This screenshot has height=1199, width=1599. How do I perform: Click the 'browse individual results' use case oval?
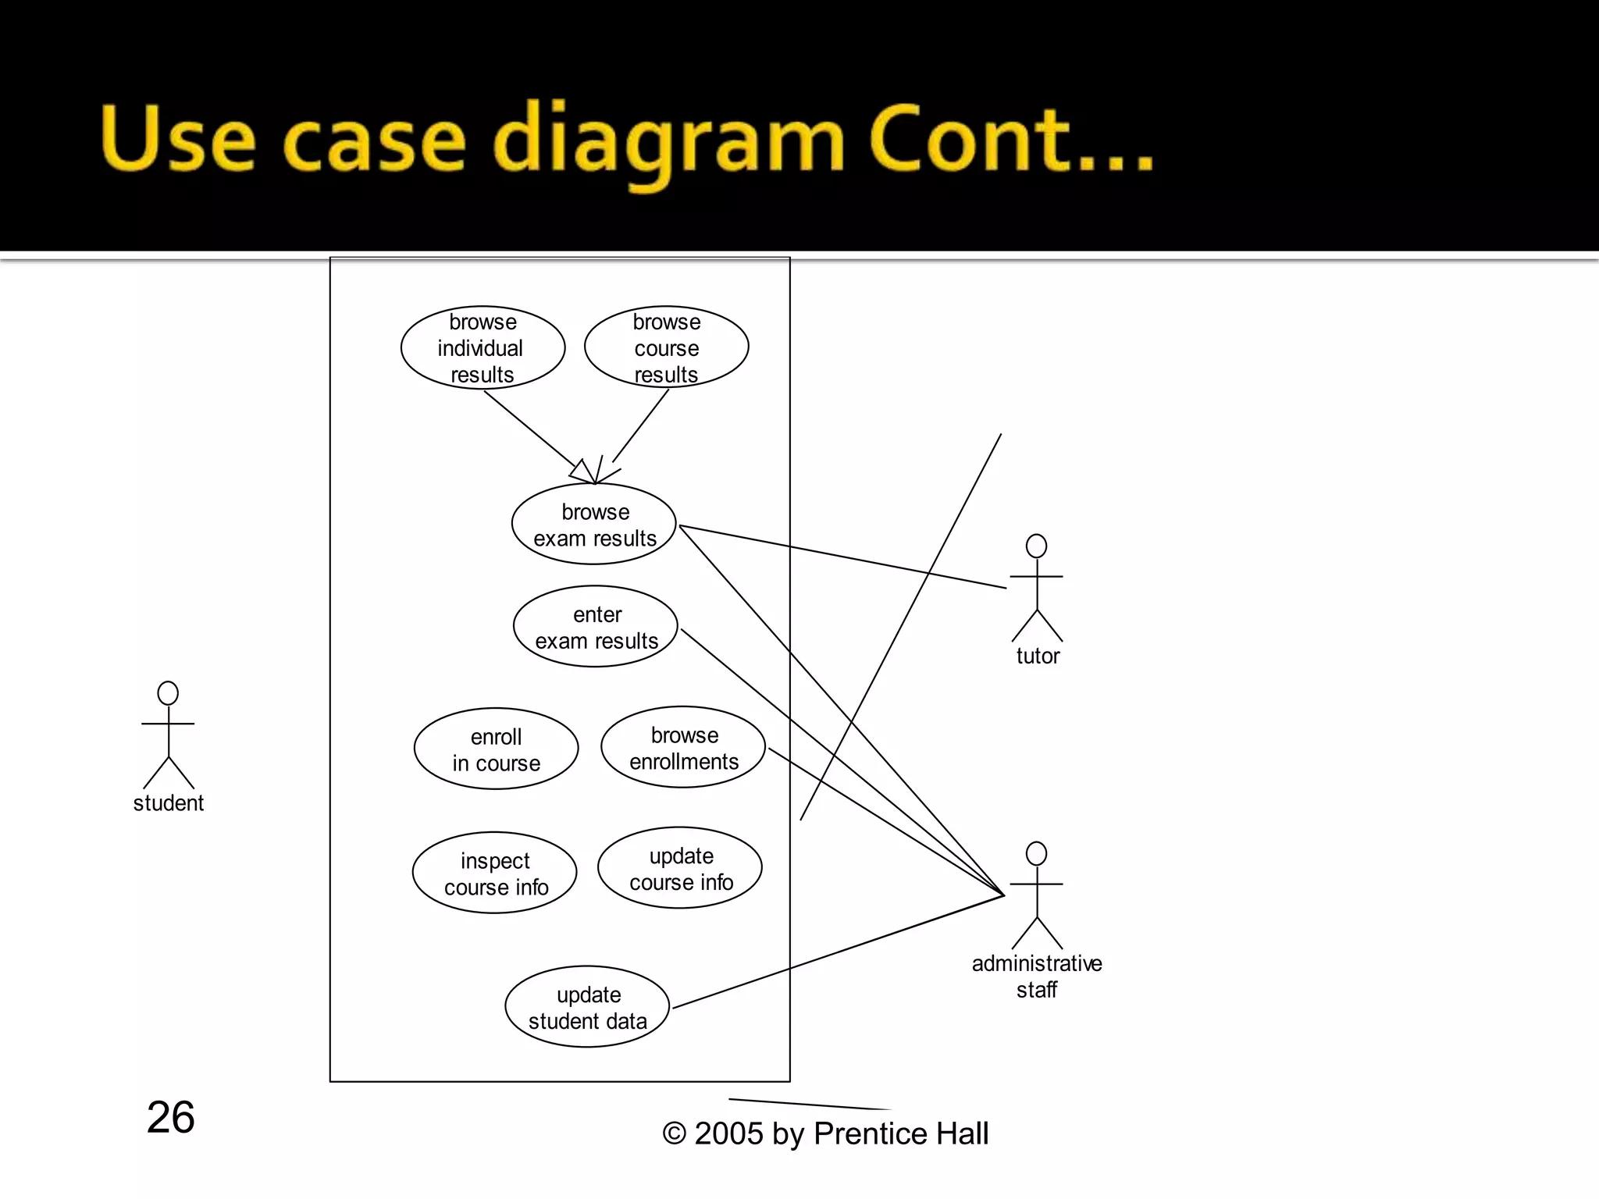[483, 348]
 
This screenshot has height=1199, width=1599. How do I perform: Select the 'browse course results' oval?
[666, 348]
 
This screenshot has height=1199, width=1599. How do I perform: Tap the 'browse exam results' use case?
[594, 525]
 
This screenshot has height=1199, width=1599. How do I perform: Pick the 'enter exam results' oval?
[596, 627]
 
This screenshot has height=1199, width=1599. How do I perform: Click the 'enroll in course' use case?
[496, 749]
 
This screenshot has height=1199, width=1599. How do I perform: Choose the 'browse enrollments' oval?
[683, 748]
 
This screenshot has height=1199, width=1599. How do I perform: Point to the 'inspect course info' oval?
[495, 873]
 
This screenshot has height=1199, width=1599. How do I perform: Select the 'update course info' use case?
[680, 868]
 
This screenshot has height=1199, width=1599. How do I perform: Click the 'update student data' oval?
[587, 1007]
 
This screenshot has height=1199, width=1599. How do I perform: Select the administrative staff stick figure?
[1037, 895]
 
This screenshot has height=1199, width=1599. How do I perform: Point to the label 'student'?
[168, 803]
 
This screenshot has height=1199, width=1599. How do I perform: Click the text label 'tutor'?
[1038, 656]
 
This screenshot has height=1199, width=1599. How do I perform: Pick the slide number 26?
[170, 1117]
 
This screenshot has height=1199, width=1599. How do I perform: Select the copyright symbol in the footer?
[674, 1133]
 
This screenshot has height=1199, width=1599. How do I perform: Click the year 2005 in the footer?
[728, 1133]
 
